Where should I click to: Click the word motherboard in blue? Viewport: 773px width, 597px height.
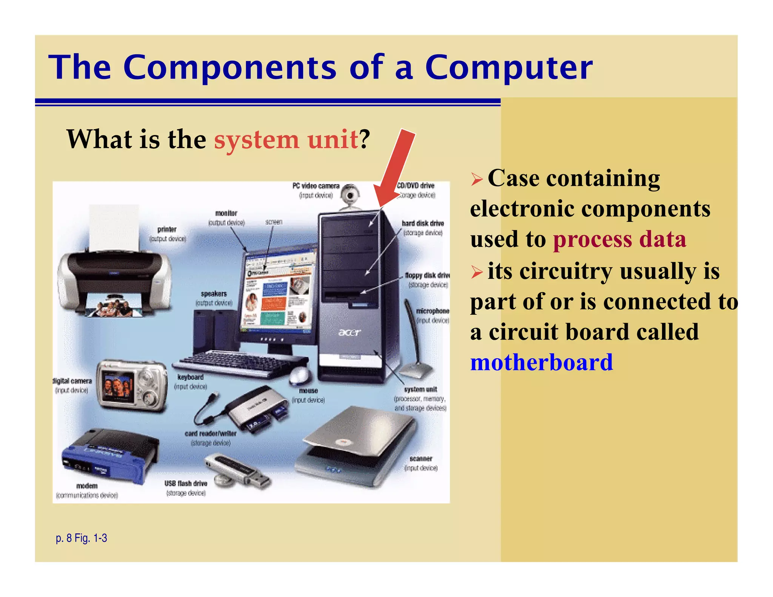(x=541, y=362)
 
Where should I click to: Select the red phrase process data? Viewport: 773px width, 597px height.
(x=619, y=240)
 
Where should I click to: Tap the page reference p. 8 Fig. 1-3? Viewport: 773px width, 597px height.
(x=81, y=538)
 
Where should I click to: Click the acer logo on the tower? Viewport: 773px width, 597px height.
(x=349, y=332)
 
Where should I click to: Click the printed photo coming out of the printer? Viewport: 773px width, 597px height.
(x=113, y=308)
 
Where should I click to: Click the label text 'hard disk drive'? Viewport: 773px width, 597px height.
(x=422, y=223)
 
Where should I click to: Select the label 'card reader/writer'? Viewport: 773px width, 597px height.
(x=210, y=434)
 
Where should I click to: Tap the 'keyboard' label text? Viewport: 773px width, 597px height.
(x=190, y=377)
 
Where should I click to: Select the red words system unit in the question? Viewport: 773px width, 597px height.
(x=286, y=140)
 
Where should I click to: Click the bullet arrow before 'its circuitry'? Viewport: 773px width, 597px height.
(x=477, y=272)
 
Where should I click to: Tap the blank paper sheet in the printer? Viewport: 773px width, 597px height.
(x=113, y=226)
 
